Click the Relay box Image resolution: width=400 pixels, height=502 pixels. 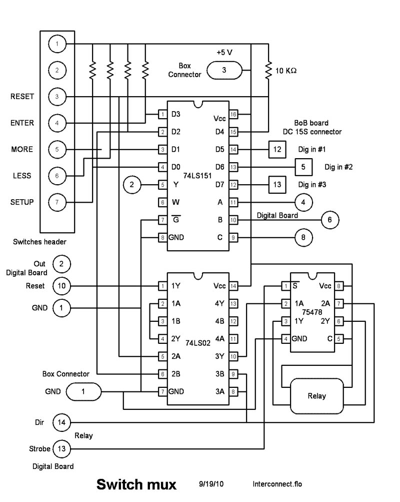coord(317,395)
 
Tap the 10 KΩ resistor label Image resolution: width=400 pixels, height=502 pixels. coord(286,71)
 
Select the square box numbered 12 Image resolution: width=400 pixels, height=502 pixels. coord(276,149)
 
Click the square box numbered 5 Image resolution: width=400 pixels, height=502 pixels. coord(303,166)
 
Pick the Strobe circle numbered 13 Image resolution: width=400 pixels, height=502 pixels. coord(61,449)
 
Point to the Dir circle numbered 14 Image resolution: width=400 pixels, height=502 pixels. coord(61,422)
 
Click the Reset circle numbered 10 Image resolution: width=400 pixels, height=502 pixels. coord(61,286)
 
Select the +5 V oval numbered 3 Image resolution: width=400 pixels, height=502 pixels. coord(224,70)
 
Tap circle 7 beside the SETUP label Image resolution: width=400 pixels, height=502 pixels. coord(57,202)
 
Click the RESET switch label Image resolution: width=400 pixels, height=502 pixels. coord(22,97)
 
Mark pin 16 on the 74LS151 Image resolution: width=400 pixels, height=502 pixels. coord(233,115)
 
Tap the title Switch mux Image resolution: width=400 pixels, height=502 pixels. coord(136,484)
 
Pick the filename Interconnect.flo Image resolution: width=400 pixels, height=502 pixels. coord(277,484)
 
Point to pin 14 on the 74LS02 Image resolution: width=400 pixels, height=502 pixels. coord(233,286)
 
